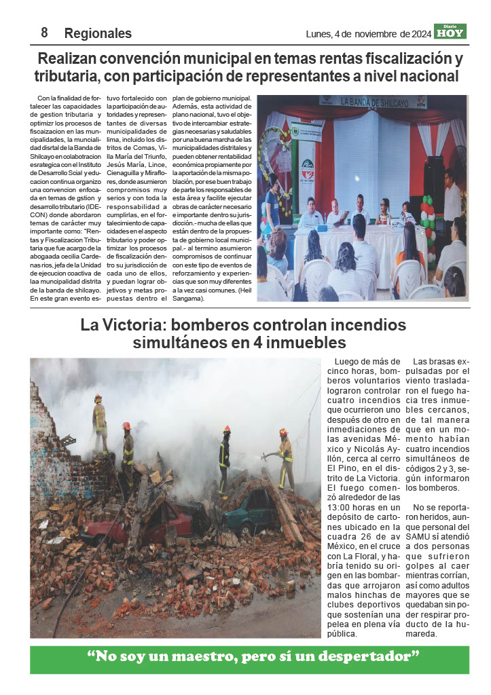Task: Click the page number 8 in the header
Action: pos(44,33)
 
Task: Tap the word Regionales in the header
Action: pos(98,33)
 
